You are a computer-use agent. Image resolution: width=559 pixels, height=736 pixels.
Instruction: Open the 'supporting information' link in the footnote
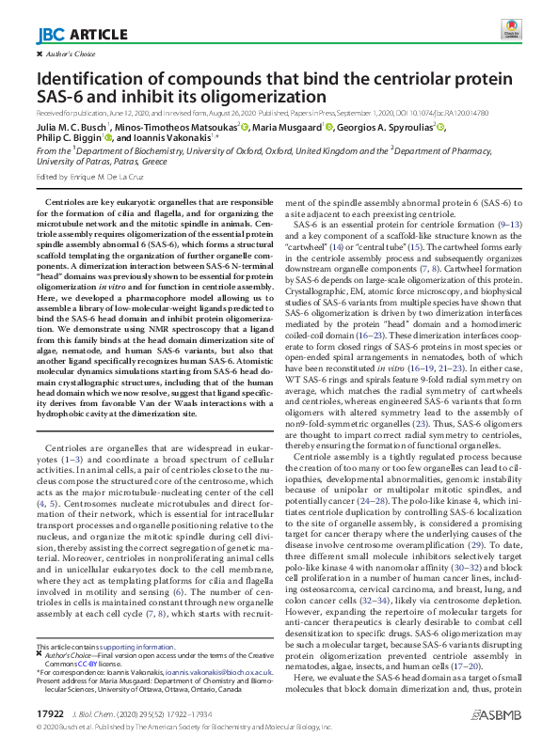[140, 648]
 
